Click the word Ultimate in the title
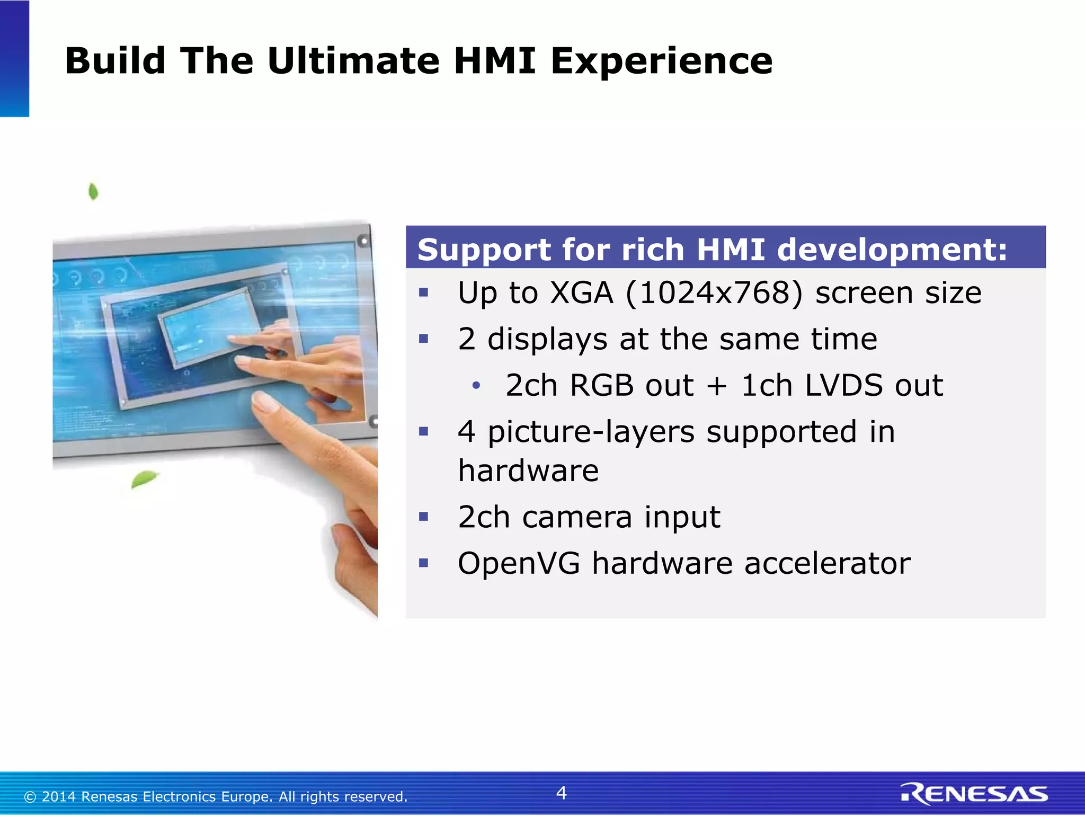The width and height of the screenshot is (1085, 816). pyautogui.click(x=353, y=61)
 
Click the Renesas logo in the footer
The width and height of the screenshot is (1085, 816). pyautogui.click(x=974, y=793)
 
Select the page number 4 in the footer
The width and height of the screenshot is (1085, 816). pyautogui.click(x=561, y=793)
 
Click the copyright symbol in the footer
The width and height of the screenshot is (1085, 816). pyautogui.click(x=30, y=797)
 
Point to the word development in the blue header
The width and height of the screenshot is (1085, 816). pyautogui.click(x=892, y=250)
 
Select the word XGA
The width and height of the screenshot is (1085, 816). pyautogui.click(x=581, y=293)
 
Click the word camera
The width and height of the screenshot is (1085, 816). pyautogui.click(x=577, y=517)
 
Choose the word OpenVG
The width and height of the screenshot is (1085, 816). pyautogui.click(x=519, y=563)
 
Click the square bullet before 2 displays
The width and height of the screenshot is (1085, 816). pyautogui.click(x=423, y=339)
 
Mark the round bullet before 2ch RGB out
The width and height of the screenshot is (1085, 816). pyautogui.click(x=476, y=386)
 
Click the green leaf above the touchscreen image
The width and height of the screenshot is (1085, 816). pyautogui.click(x=93, y=191)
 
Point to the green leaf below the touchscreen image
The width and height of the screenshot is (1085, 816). pyautogui.click(x=144, y=478)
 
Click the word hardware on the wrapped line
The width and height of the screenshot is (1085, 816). pyautogui.click(x=528, y=471)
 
